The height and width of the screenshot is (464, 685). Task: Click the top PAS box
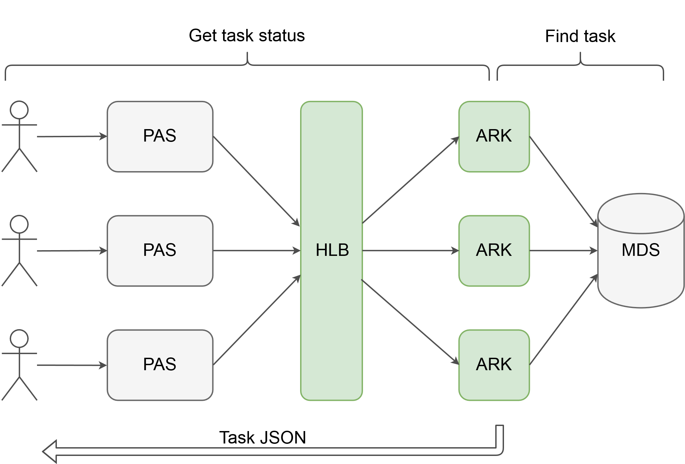click(x=160, y=137)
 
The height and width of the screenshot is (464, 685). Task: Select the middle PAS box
click(x=160, y=251)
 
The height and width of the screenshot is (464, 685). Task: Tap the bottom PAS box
click(x=160, y=365)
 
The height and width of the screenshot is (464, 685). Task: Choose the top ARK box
click(x=494, y=137)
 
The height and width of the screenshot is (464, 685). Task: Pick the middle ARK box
click(x=494, y=251)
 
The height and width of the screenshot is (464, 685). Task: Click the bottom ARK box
click(x=494, y=365)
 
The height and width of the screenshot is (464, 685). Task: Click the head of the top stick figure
click(x=19, y=110)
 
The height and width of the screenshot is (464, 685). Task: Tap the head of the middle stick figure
click(x=19, y=224)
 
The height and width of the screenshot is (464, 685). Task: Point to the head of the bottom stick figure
click(x=19, y=339)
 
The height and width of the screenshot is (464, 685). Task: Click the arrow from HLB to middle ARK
click(x=410, y=251)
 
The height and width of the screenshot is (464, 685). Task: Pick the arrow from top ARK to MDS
click(x=564, y=182)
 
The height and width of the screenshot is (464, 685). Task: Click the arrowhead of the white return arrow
click(x=50, y=452)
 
